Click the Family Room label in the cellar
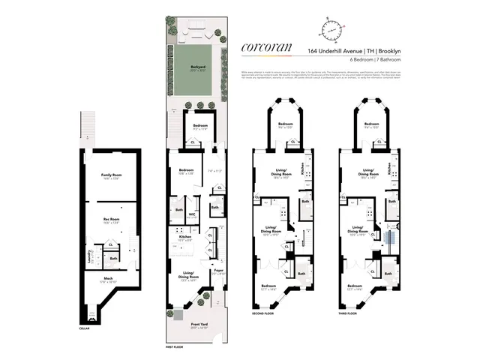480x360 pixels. click(x=112, y=177)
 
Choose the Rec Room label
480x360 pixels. click(x=111, y=220)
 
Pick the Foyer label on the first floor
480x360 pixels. click(x=217, y=271)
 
